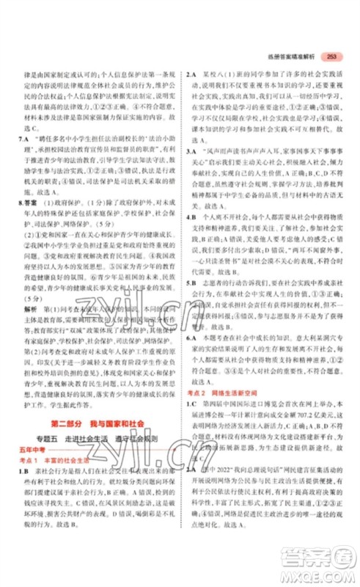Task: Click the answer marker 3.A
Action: click(x=193, y=150)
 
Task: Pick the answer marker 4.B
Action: click(x=193, y=217)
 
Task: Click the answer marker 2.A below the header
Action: click(x=193, y=74)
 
